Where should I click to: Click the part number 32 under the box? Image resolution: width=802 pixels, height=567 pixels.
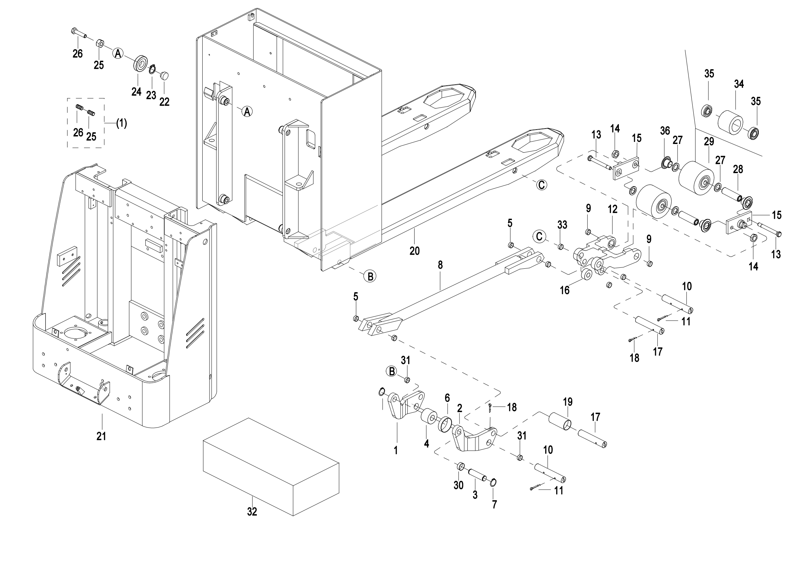tap(252, 511)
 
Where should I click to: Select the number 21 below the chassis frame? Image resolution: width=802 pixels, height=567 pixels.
tap(101, 436)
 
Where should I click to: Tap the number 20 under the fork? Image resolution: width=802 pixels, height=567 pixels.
tap(415, 251)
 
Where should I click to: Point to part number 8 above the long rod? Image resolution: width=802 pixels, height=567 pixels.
tap(440, 265)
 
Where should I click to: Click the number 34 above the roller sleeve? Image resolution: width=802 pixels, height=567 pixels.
tap(739, 84)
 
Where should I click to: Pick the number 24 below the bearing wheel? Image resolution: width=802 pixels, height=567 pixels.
tap(136, 92)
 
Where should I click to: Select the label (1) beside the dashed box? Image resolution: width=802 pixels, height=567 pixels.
tap(121, 123)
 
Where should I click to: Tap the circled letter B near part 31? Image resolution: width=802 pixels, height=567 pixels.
tap(392, 371)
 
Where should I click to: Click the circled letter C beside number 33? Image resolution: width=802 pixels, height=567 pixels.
tap(539, 237)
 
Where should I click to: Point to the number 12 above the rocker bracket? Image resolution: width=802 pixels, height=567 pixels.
tap(613, 209)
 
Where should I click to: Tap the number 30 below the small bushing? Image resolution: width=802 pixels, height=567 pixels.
tap(458, 485)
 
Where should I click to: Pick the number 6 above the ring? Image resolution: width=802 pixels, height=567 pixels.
tap(447, 398)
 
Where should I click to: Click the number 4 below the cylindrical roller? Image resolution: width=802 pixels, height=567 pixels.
tap(427, 443)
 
